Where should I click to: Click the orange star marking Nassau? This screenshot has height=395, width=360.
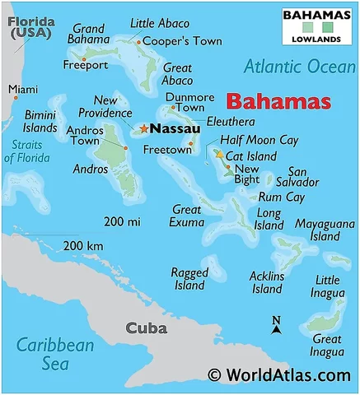(143, 128)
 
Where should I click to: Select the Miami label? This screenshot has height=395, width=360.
(23, 89)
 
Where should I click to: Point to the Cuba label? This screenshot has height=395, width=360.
(146, 328)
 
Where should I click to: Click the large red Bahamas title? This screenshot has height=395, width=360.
(278, 102)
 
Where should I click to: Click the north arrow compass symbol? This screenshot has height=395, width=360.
(277, 325)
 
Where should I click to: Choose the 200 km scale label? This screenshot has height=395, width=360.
(83, 245)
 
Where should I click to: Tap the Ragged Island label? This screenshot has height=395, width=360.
(189, 279)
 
